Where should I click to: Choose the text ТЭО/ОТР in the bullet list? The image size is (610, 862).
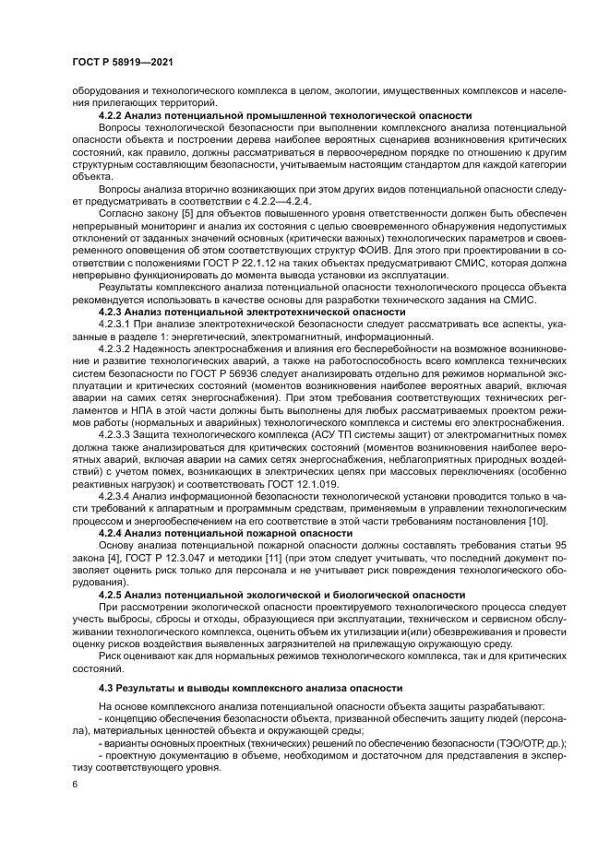[532, 744]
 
